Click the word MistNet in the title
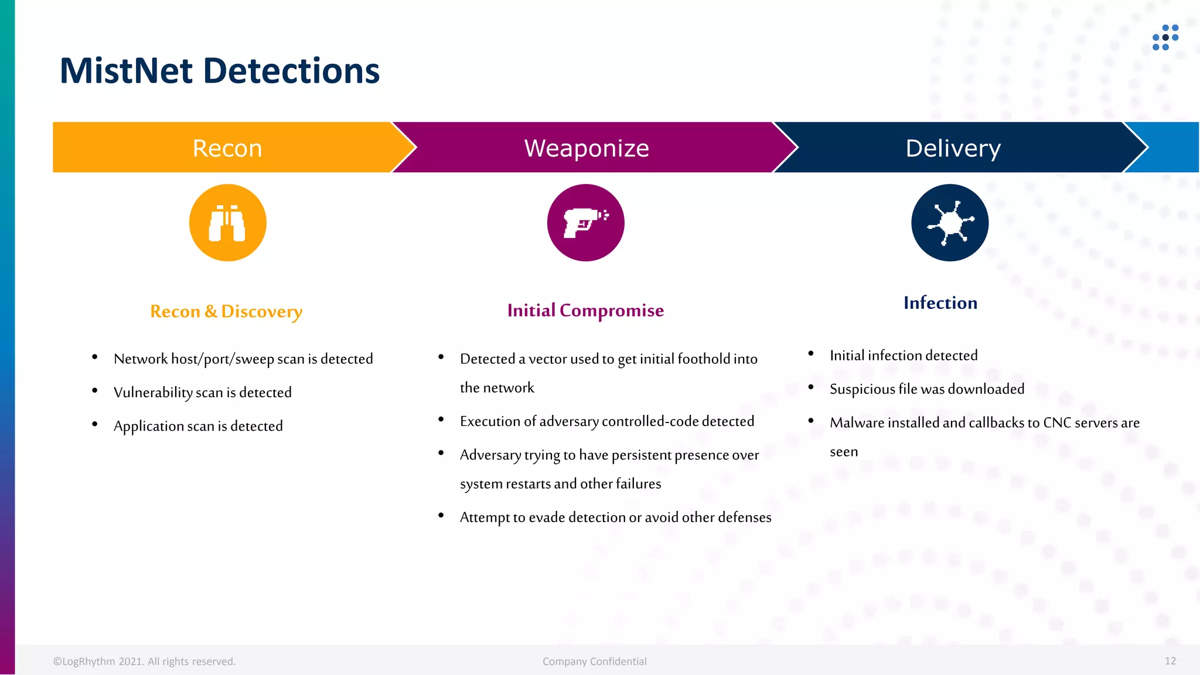pos(126,71)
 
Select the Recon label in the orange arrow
pos(227,148)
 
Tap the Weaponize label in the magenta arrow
pos(587,148)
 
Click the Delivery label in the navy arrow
pos(953,148)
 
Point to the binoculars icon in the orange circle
pos(227,223)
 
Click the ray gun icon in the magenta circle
pos(585,223)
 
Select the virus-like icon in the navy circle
pos(950,223)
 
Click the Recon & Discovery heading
pos(226,311)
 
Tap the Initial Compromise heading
pos(585,310)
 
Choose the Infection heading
pos(940,303)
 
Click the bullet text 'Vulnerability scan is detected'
pos(202,392)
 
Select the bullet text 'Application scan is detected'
pos(198,426)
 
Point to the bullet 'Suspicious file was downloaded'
pos(927,389)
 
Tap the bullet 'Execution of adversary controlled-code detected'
pos(606,421)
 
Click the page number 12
pos(1170,661)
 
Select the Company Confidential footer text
pos(594,662)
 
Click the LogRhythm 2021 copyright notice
pos(144,662)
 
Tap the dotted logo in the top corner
pos(1165,37)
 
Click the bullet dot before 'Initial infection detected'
pos(811,353)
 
